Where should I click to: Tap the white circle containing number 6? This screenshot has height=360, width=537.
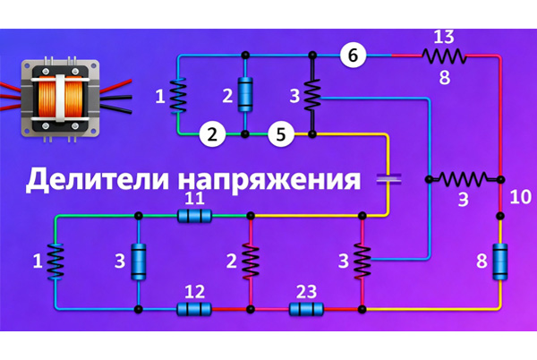(x=354, y=55)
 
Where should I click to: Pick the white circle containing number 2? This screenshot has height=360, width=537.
(x=211, y=135)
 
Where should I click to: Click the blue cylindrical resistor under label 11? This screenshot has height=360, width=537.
(x=194, y=216)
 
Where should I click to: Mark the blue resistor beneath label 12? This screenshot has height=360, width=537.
(x=194, y=310)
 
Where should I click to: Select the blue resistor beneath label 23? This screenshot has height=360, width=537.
(x=306, y=310)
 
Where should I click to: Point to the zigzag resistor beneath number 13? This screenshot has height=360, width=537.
(x=445, y=56)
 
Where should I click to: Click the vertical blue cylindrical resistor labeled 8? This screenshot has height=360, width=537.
(x=500, y=261)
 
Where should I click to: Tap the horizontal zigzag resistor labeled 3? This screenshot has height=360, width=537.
(x=464, y=178)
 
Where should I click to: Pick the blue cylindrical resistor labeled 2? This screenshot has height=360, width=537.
(x=245, y=93)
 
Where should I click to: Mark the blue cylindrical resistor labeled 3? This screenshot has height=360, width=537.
(x=139, y=261)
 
